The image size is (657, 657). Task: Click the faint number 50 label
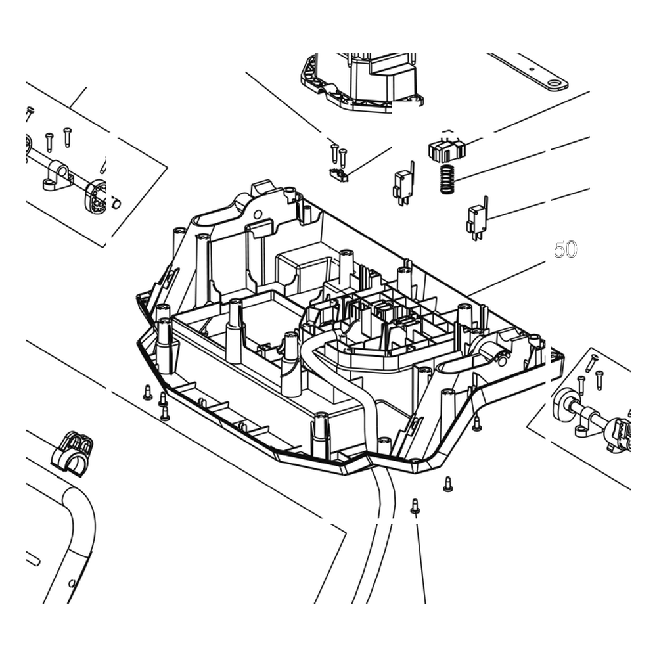[x=565, y=249]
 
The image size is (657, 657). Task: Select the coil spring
[x=447, y=179]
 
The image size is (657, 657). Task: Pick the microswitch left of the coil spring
[x=403, y=185]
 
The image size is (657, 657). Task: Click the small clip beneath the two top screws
[x=339, y=174]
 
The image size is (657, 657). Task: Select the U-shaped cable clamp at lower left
[x=72, y=454]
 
